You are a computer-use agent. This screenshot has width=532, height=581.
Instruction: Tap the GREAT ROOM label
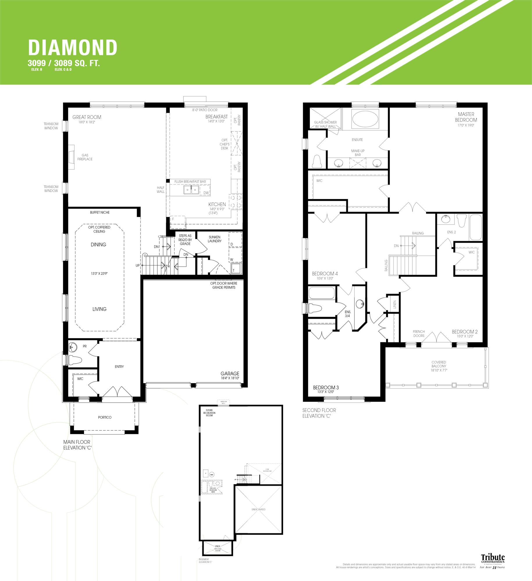pos(87,117)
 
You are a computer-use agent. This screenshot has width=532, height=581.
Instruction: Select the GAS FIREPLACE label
pos(85,157)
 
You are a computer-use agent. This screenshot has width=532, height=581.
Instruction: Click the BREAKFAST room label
pos(216,117)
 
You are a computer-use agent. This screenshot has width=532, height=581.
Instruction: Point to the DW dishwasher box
pos(206,193)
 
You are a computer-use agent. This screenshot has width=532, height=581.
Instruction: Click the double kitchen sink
pos(191,190)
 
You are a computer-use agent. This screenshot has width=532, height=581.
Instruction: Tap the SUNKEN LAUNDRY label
pos(215,239)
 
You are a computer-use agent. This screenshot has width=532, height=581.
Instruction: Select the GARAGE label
pos(230,373)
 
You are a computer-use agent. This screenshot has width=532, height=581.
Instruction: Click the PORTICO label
pos(105,417)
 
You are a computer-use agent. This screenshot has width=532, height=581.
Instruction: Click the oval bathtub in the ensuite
pos(365,119)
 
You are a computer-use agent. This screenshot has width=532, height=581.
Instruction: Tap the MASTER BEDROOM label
pos(466,117)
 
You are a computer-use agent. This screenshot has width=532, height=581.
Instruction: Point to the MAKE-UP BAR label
pos(358,153)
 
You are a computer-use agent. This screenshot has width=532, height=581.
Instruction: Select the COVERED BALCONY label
pos(439,364)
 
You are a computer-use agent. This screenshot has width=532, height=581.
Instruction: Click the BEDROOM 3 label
pos(326,387)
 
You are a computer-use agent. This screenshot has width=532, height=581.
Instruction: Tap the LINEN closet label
pos(394,304)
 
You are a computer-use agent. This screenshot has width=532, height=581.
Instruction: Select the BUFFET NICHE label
pos(100,212)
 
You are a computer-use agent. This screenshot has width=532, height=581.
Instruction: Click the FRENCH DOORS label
pos(419,333)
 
